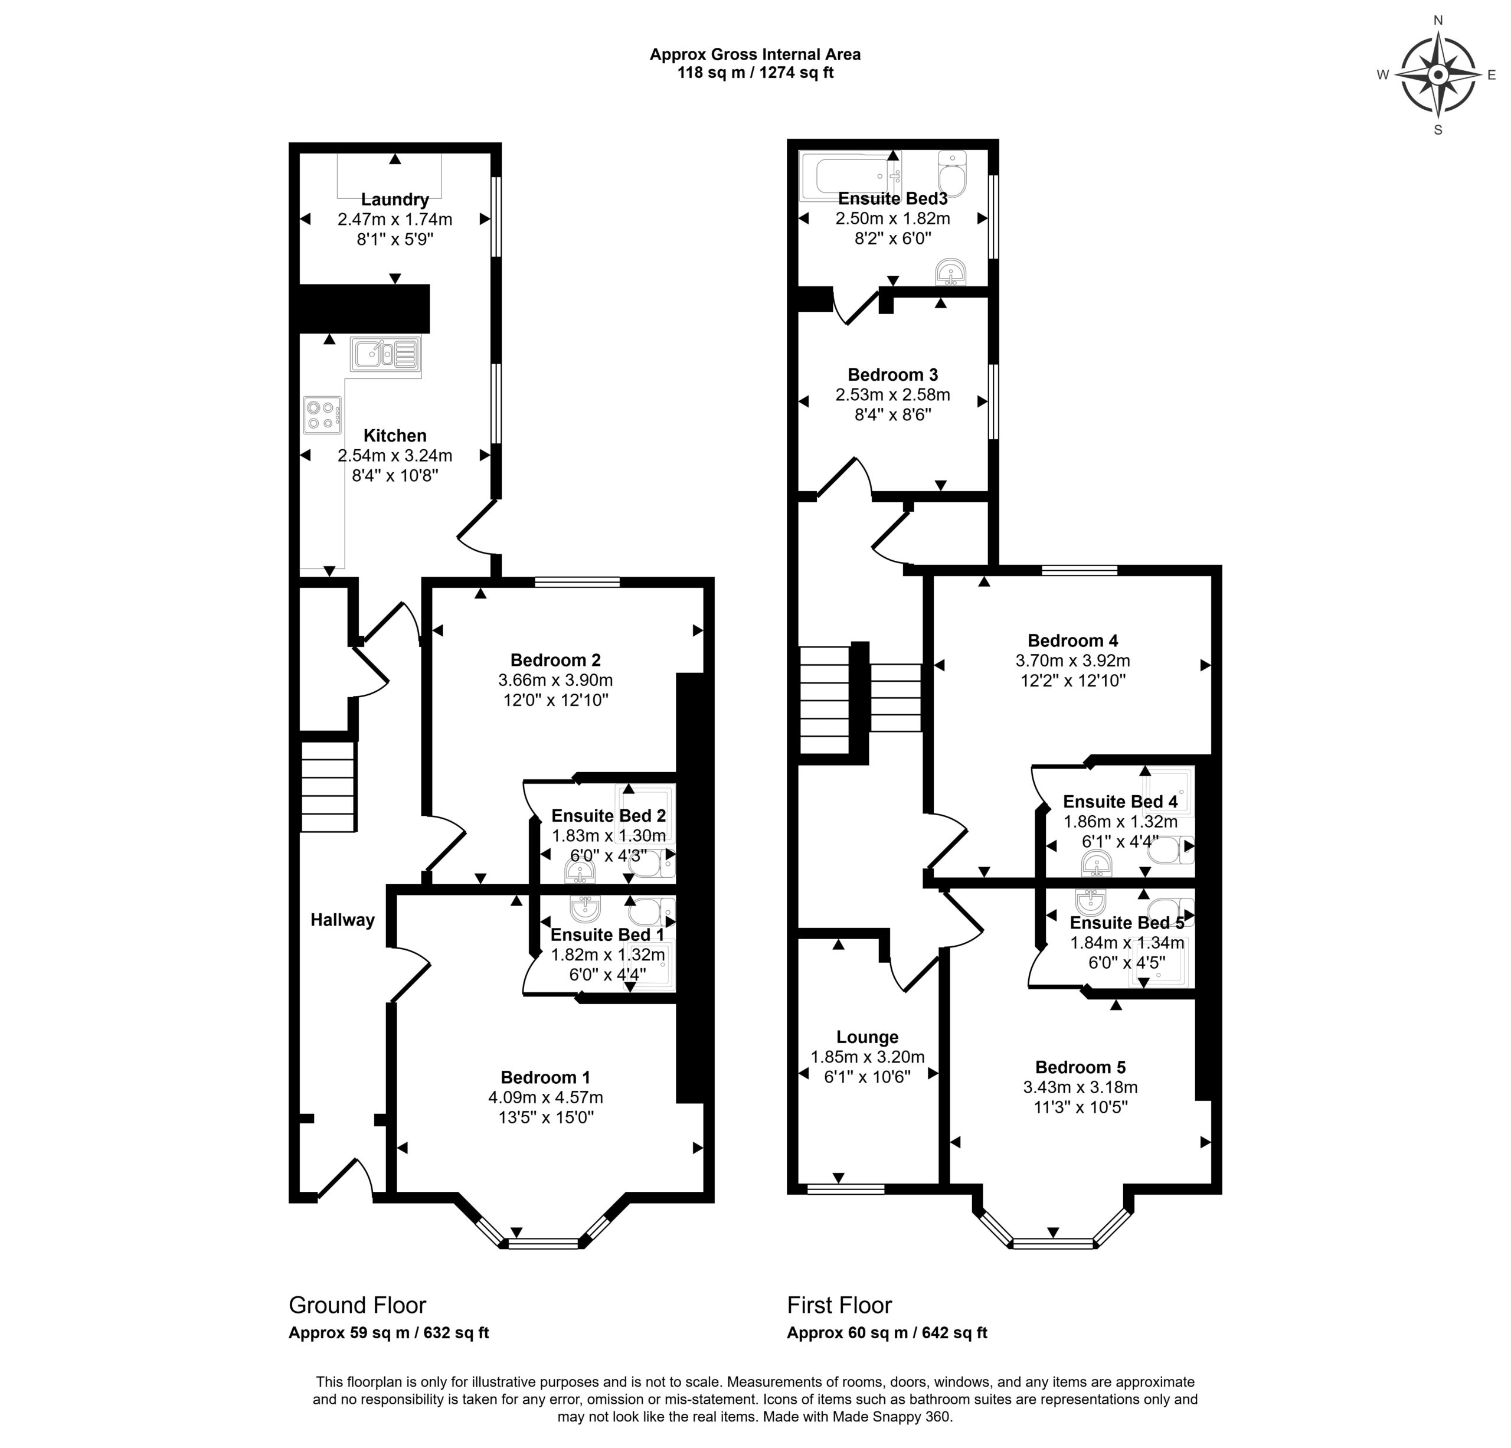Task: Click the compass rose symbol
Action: point(1438,75)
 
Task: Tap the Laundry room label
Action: point(395,200)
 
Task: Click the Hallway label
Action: point(342,920)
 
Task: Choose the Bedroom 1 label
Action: point(545,1077)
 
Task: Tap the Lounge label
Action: point(867,1037)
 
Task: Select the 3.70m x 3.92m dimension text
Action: point(1072,661)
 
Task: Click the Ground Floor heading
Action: point(357,1305)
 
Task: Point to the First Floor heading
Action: point(839,1305)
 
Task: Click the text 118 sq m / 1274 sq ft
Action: point(755,73)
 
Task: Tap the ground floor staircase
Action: point(328,786)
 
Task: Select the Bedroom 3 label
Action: point(892,375)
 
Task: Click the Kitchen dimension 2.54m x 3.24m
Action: point(395,456)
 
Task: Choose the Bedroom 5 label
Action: point(1080,1067)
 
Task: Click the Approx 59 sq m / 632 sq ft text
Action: point(388,1333)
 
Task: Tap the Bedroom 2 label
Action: point(555,660)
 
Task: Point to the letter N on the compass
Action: point(1438,20)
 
